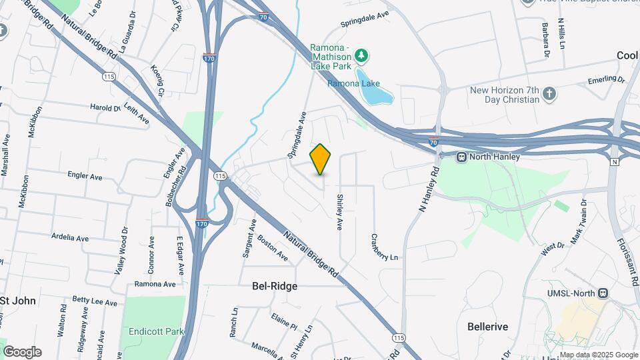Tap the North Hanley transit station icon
[461, 157]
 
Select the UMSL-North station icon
[603, 293]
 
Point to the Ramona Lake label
[353, 83]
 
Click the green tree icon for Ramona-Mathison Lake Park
[361, 54]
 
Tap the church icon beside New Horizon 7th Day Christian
[549, 93]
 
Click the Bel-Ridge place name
[275, 285]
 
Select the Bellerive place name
[488, 327]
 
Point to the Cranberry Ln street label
[384, 247]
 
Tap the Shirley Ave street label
[339, 212]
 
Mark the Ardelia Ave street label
[70, 237]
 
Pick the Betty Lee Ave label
[95, 301]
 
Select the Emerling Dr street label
[606, 80]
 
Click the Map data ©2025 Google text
[598, 355]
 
